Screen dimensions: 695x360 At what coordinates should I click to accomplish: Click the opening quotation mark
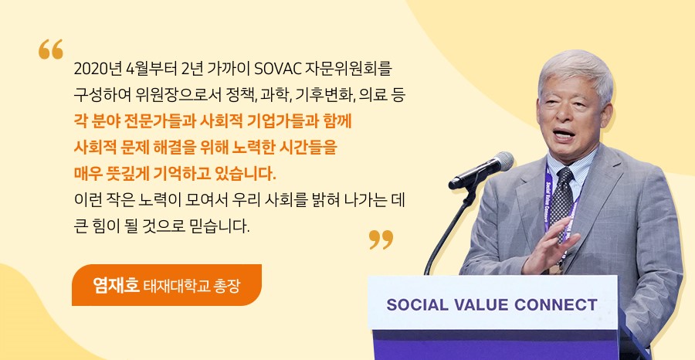[50, 49]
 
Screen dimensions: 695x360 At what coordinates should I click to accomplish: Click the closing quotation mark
[381, 239]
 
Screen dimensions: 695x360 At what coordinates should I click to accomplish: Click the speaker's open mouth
[564, 134]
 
